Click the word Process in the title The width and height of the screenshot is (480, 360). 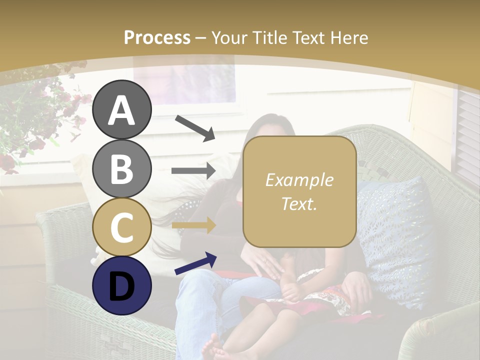(x=157, y=38)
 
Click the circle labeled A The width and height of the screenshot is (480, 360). (x=122, y=109)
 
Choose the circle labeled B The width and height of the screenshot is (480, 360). (x=122, y=168)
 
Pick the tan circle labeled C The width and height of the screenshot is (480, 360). (x=122, y=227)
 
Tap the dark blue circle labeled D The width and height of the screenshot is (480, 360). (x=122, y=285)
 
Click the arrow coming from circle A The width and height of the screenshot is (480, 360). (x=195, y=128)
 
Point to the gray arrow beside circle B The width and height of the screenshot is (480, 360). (x=193, y=170)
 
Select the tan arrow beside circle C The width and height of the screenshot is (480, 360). (x=193, y=226)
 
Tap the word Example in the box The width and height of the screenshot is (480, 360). (x=299, y=180)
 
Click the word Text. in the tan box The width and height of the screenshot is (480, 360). (x=299, y=204)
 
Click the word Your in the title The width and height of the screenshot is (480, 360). (x=227, y=38)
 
